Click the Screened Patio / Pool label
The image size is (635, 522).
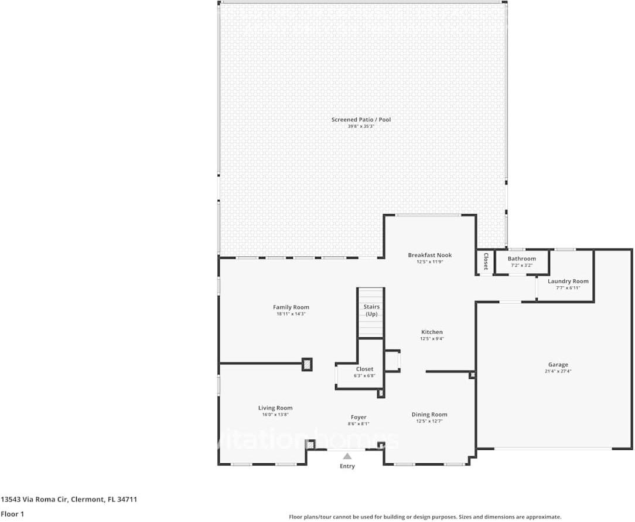coord(361,120)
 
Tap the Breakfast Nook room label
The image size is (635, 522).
coord(429,255)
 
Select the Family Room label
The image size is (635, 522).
coord(291,307)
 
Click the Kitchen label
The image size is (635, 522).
coord(432,332)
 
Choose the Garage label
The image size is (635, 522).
coord(558,365)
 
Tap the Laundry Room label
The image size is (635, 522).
coord(568,282)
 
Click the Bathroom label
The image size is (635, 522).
coord(521,259)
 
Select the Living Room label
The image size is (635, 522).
coord(275,408)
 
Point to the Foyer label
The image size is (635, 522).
coord(359,418)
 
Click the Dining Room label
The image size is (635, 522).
coord(429,415)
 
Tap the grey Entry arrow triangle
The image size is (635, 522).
coord(347,456)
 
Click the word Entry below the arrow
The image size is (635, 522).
coord(347,466)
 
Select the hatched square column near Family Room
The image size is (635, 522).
coord(307,364)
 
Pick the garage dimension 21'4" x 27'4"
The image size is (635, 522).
coord(558,371)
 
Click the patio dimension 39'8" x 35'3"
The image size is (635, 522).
coord(361,126)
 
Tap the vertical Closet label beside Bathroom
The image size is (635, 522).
coord(486,262)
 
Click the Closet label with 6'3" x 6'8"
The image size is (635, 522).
coord(364,370)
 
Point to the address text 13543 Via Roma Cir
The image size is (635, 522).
coord(35,500)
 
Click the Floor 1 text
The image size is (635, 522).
coord(12,514)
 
